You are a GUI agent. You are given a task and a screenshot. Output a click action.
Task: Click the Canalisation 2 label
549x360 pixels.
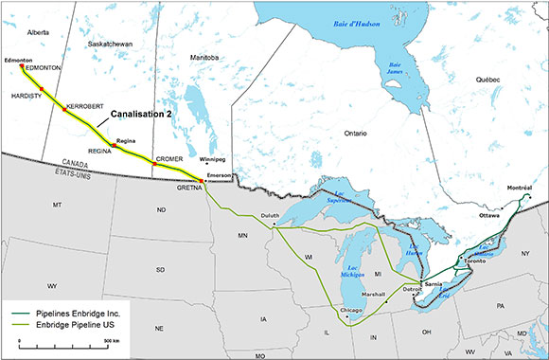click(x=142, y=114)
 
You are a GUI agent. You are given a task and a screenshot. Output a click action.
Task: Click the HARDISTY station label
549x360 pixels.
click(x=28, y=95)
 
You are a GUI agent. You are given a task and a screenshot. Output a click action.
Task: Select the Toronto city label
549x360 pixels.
click(x=474, y=261)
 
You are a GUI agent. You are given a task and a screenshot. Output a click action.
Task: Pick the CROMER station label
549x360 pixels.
click(x=168, y=158)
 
